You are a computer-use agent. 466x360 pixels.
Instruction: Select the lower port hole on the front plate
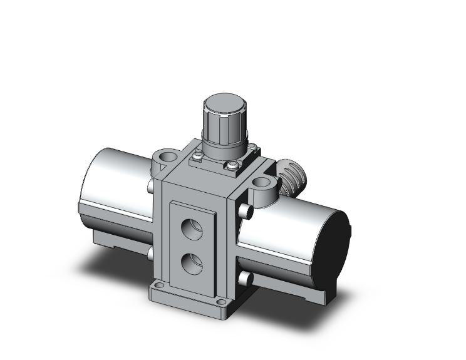click(x=192, y=258)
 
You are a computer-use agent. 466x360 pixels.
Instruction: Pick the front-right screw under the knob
click(x=232, y=166)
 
